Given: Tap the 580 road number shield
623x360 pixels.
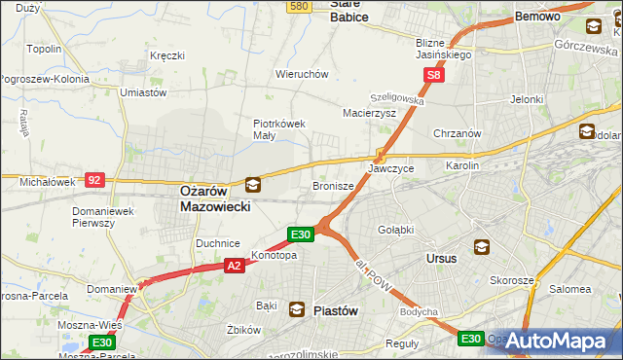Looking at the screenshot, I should coord(299,7).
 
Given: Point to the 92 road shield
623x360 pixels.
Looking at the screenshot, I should coord(94,180).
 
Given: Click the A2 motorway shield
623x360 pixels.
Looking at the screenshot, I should coord(234,265).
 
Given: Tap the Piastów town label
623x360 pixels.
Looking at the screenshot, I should coord(336,310).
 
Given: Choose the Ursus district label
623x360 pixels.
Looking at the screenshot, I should coord(442,259).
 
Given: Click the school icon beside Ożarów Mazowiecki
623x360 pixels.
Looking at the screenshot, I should coord(253,184).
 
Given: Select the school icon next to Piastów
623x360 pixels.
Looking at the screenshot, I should coord(296,308).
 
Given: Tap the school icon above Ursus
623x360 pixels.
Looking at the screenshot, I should coord(481,247).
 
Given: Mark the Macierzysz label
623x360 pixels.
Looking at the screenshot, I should coord(369,113).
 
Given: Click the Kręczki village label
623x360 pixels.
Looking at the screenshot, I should coord(166,55).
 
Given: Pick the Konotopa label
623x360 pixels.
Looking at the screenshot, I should coord(274,256).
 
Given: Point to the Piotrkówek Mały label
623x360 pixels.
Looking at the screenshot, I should coord(279,129).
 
